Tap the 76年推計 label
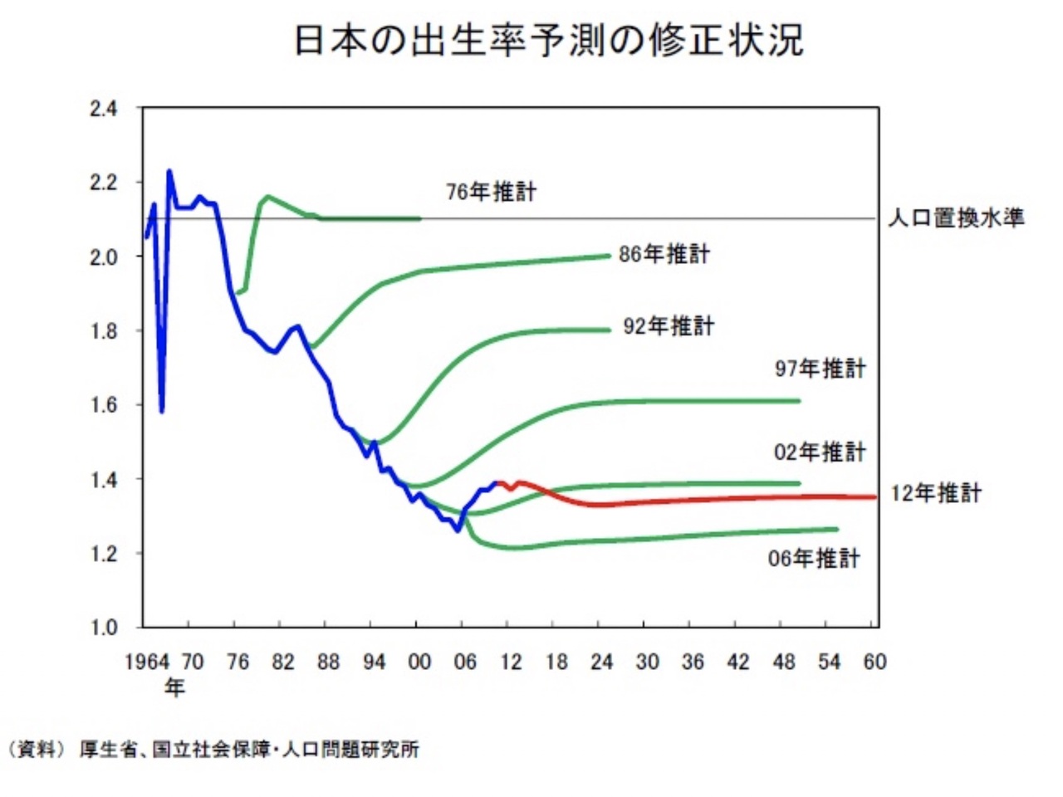[491, 192]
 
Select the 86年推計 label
[664, 254]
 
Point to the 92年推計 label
[668, 326]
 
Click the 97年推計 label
[820, 369]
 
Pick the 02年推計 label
[819, 452]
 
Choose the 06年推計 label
[813, 559]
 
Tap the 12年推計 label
[936, 494]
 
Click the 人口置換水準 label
[956, 218]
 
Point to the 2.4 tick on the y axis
[104, 109]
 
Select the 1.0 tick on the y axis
[104, 628]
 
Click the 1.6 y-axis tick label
[104, 405]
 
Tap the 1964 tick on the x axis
[147, 663]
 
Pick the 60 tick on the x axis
[874, 663]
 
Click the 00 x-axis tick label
[419, 663]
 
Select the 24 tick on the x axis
[601, 663]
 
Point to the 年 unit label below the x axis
[174, 687]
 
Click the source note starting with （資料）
[213, 750]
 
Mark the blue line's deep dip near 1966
[162, 410]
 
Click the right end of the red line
[875, 497]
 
